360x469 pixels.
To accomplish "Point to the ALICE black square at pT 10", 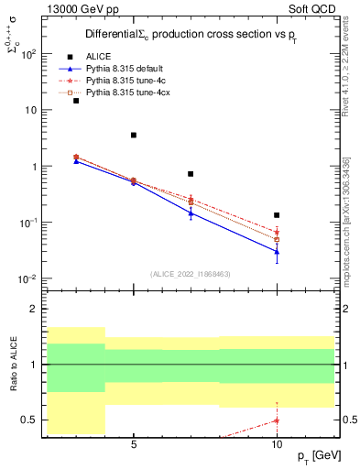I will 277,215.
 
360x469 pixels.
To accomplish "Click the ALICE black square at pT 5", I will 134,135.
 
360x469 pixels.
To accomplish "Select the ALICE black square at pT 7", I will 191,174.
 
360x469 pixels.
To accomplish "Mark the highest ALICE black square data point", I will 76,101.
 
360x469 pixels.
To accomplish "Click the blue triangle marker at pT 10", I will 277,251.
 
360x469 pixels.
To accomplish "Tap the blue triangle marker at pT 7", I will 191,213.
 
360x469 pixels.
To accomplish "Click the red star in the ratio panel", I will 277,420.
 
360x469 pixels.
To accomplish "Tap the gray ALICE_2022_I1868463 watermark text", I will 190,274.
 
